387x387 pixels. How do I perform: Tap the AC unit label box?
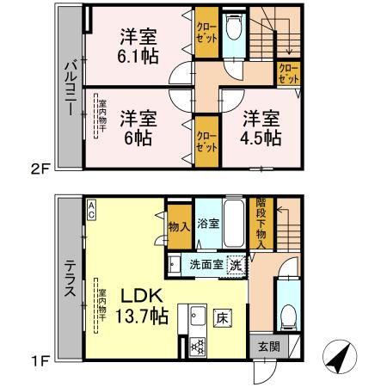point(91,210)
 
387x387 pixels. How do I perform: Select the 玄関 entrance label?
point(269,347)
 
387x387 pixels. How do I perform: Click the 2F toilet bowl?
point(234,27)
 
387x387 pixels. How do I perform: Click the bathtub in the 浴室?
point(234,224)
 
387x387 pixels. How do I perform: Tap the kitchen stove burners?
point(198,347)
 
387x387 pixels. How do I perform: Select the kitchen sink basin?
point(198,316)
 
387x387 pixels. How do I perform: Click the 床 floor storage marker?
point(223,318)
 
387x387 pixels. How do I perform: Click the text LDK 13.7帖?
point(142,306)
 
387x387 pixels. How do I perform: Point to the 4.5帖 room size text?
point(261,138)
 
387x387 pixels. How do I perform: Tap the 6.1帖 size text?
point(138,56)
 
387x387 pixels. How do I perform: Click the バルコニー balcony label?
point(71,88)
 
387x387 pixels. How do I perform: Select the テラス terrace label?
point(71,278)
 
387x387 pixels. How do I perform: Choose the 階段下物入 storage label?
point(261,223)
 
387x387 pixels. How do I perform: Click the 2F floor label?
point(40,169)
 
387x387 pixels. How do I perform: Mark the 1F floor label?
point(40,360)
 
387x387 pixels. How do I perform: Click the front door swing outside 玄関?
point(265,372)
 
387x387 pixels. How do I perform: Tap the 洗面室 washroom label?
point(206,265)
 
